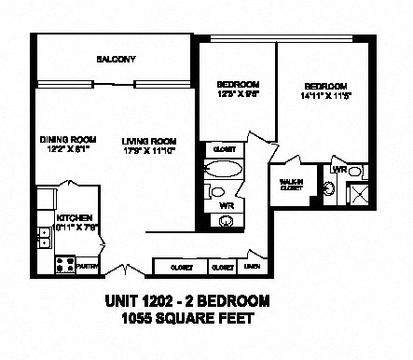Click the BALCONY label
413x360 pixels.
click(x=117, y=59)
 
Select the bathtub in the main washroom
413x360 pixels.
click(x=222, y=170)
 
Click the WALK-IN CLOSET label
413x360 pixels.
click(x=291, y=184)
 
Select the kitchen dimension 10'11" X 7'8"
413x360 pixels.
click(x=76, y=227)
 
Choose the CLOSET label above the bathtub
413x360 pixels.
click(x=224, y=149)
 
